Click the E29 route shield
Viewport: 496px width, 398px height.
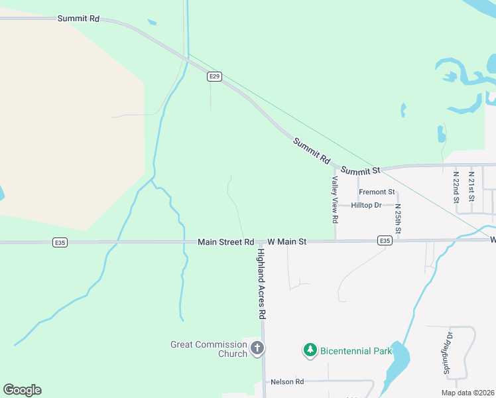[x=214, y=77]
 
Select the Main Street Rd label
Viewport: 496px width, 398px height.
[x=225, y=243]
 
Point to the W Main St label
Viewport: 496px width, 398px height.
[x=286, y=243]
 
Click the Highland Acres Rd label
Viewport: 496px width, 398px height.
[x=262, y=281]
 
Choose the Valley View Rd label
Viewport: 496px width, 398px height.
[x=336, y=199]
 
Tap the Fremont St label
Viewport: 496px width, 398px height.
[x=376, y=192]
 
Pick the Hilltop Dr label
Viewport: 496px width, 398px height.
[x=366, y=206]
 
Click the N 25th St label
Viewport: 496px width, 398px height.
[x=399, y=214]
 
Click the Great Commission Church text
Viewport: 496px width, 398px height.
[x=209, y=349]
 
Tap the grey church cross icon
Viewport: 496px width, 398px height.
[x=257, y=348]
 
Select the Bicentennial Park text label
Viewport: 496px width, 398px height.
[x=355, y=350]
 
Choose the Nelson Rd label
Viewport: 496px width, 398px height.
[x=287, y=382]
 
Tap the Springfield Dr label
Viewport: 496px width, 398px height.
[x=448, y=352]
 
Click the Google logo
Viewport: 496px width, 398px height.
[x=22, y=390]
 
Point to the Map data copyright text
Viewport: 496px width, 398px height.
[x=467, y=393]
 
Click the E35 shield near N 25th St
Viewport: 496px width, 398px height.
[x=385, y=241]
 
